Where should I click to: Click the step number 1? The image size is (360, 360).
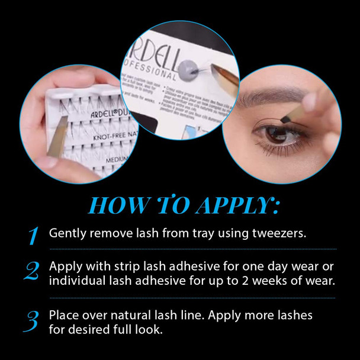[33, 235]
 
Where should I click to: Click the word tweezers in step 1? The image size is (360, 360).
[281, 233]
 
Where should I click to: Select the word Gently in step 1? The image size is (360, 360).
[67, 233]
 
